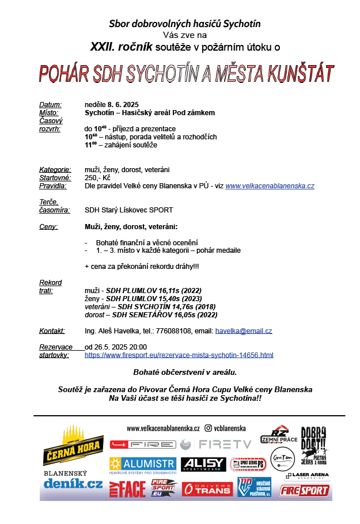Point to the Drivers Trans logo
click(x=207, y=488)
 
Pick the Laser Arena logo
click(x=307, y=476)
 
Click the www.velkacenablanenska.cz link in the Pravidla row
click(x=270, y=186)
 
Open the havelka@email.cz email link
click(x=243, y=331)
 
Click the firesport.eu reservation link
click(x=179, y=355)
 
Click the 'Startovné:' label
click(x=54, y=178)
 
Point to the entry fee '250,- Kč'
click(x=97, y=178)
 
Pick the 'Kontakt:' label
click(x=52, y=331)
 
